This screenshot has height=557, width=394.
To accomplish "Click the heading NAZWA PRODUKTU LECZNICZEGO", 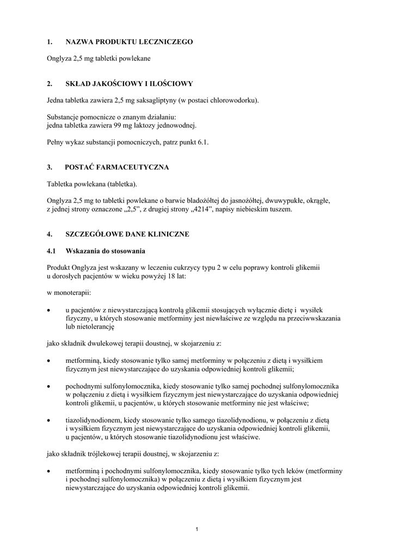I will pos(129,41).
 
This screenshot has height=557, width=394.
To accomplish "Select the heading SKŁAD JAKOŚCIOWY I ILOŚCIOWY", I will pos(129,84).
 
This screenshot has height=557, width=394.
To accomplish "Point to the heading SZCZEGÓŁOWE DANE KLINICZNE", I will pos(127,234).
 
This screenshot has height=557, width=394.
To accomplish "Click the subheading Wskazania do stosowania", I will pos(105,251).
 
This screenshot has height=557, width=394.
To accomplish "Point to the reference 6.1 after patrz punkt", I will pos(202,142).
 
